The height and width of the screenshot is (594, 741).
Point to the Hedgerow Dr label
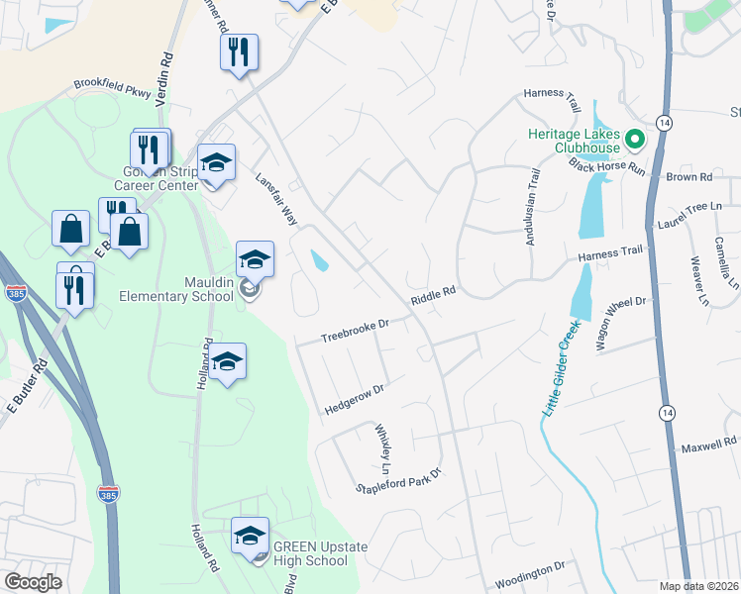354,401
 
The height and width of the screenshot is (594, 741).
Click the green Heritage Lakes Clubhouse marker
635,140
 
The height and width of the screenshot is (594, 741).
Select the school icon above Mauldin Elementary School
255,260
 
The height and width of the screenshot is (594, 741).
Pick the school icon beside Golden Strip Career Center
215,162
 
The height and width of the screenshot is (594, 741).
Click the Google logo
33,582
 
